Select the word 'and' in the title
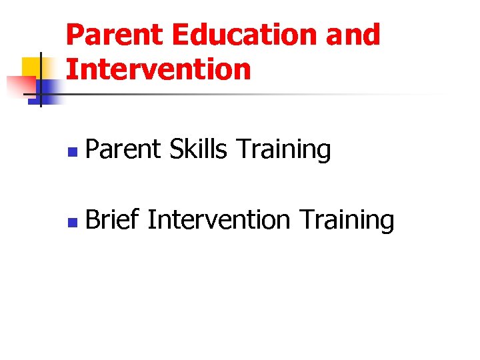[x=353, y=35]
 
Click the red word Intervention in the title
[x=159, y=69]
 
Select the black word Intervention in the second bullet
[x=219, y=219]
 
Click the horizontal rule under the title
[x=253, y=94]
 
